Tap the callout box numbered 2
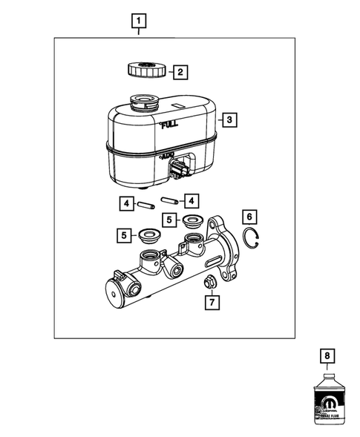click(x=179, y=72)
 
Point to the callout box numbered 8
click(x=325, y=355)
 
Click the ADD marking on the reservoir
click(x=166, y=157)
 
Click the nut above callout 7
click(x=210, y=281)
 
